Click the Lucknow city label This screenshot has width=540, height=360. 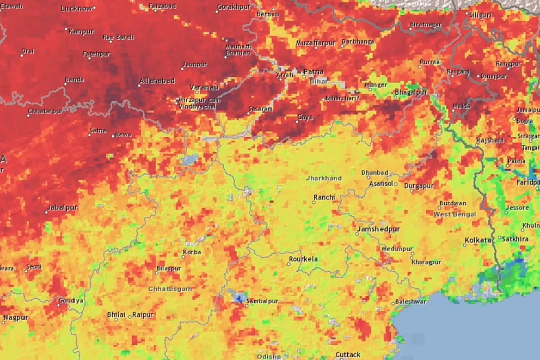[76, 8]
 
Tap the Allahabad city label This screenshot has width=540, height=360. [158, 81]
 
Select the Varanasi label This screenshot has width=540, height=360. [205, 87]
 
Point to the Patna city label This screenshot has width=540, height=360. [314, 71]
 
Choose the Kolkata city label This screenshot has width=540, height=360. [478, 240]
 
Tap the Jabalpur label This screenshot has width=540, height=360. [63, 208]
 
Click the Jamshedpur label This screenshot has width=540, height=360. [379, 229]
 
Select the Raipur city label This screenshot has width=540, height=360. [143, 314]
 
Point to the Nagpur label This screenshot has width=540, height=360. [15, 317]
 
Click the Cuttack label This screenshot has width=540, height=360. [348, 355]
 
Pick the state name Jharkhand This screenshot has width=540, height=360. [324, 178]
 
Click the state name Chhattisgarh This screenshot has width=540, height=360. [170, 289]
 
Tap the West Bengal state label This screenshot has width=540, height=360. [455, 215]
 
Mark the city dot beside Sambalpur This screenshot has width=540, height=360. [247, 305]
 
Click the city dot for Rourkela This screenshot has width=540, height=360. [289, 264]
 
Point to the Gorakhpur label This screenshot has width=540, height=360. [234, 7]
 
